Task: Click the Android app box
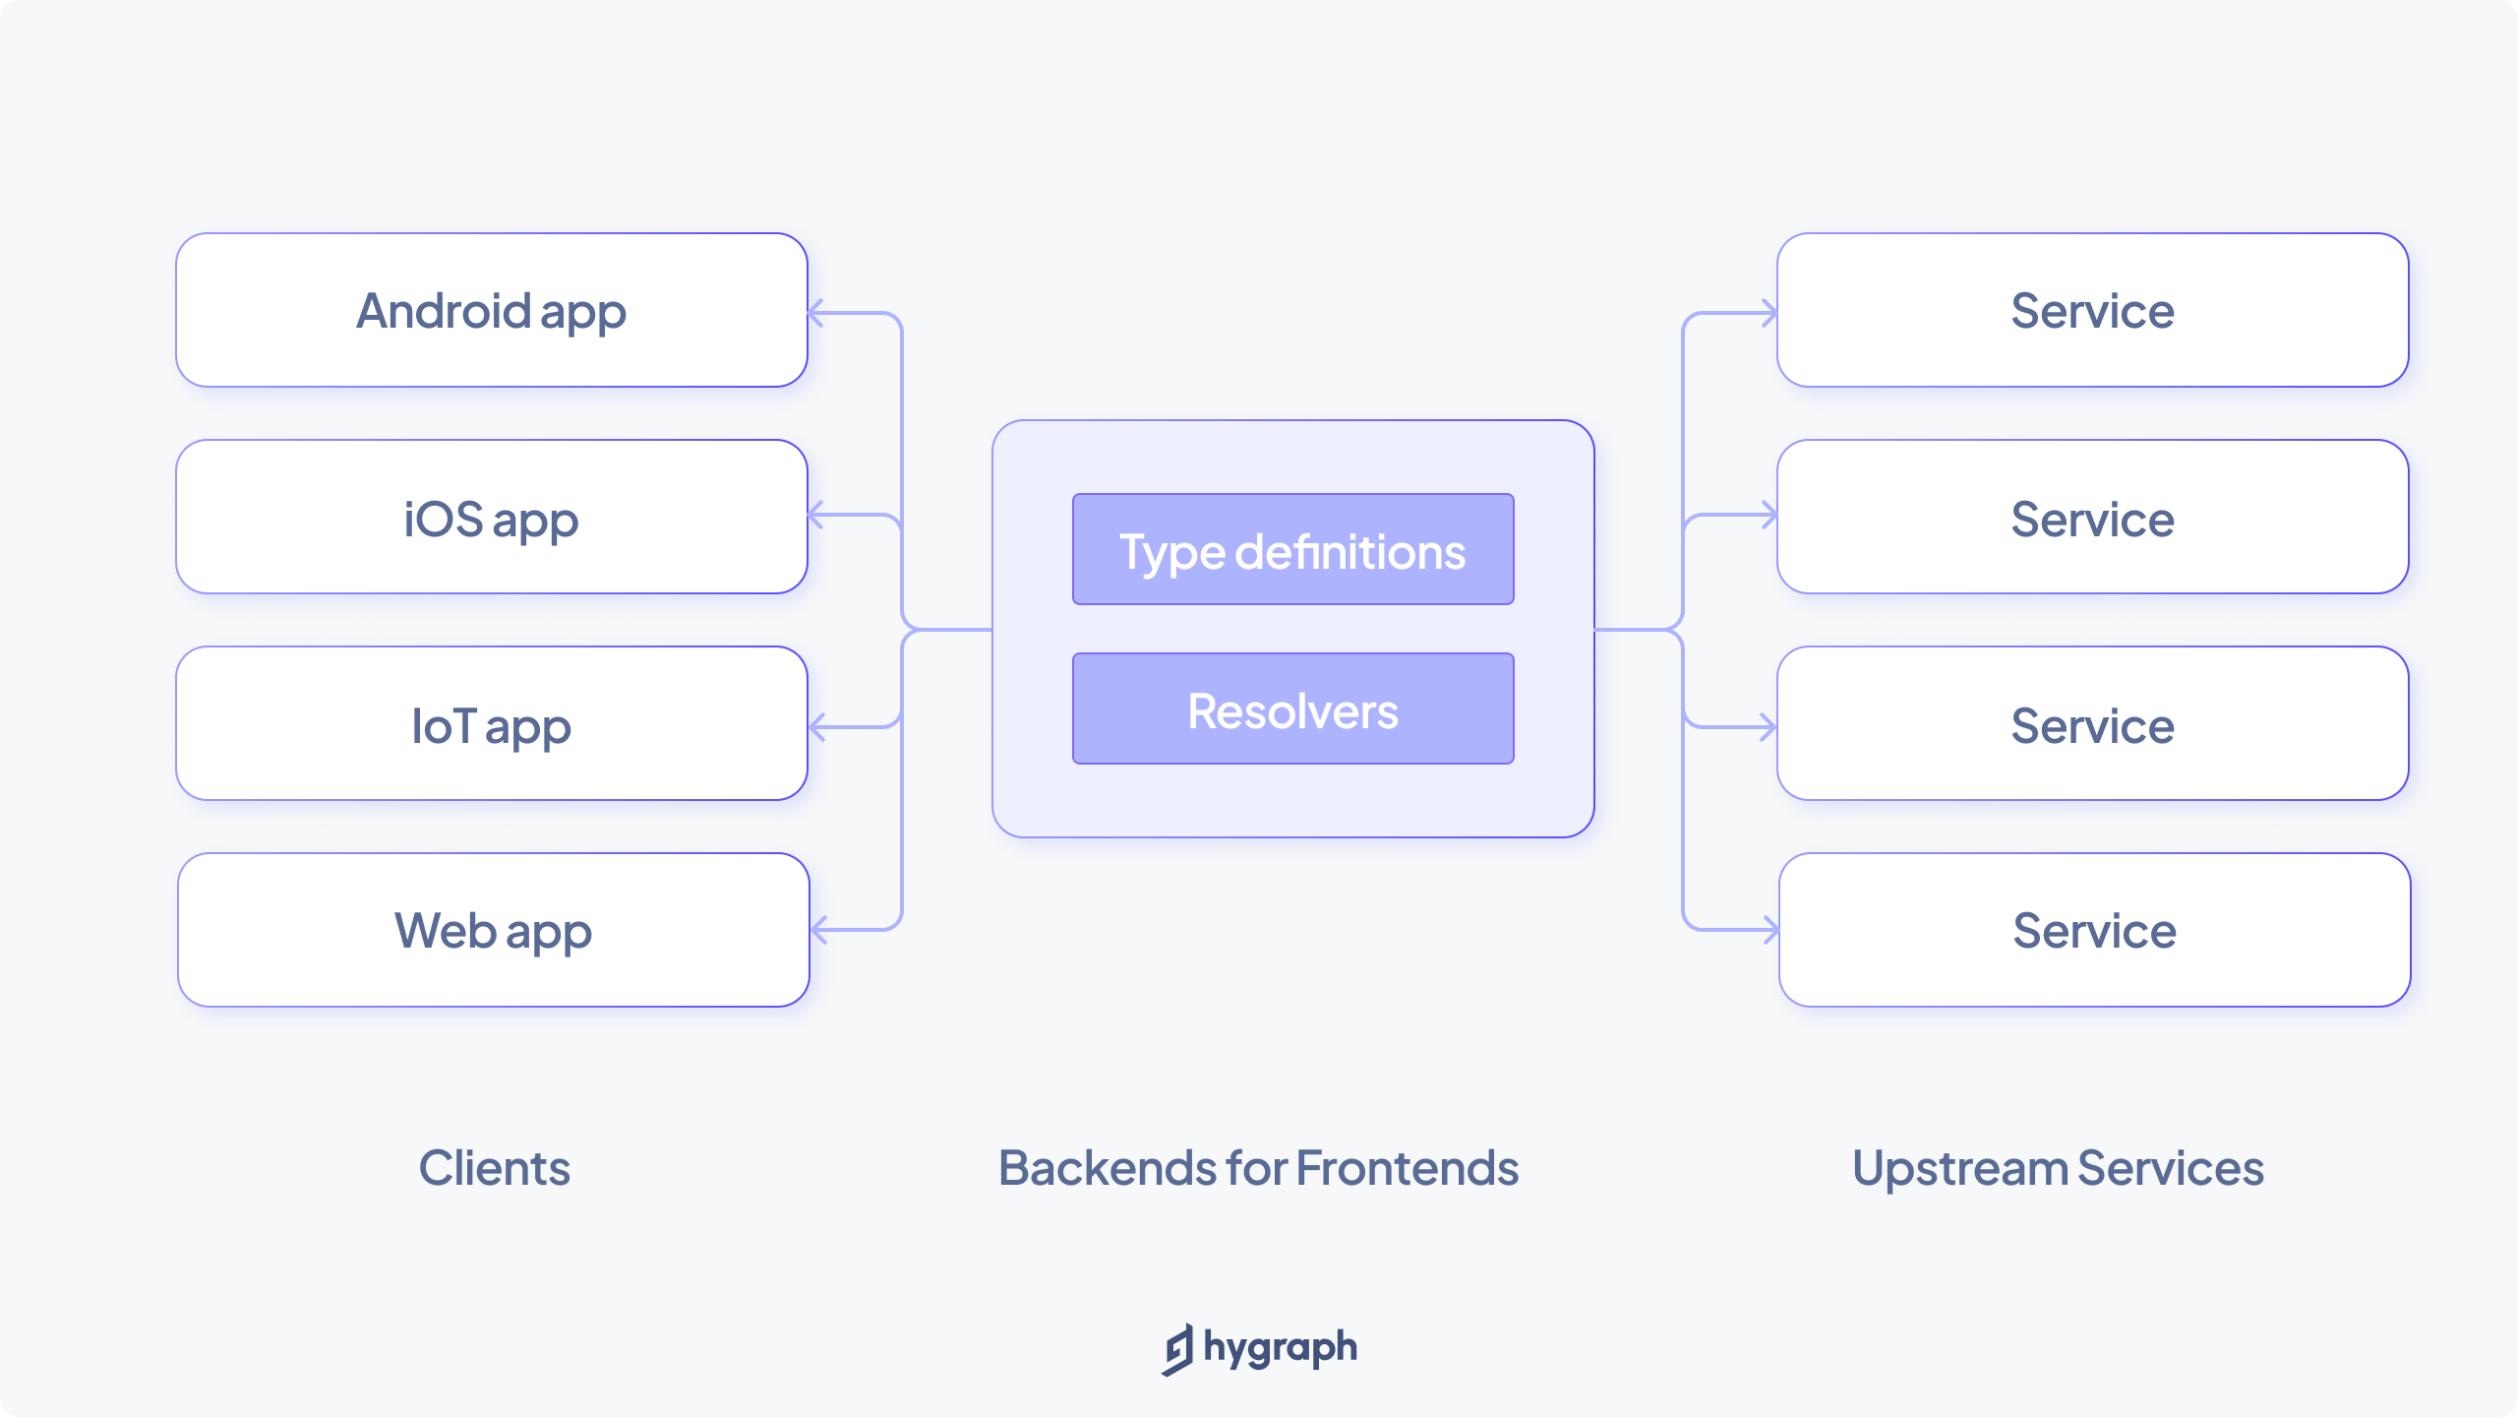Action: [x=492, y=310]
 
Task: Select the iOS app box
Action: [x=492, y=517]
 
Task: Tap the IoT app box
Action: [x=492, y=723]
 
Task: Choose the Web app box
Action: [x=494, y=930]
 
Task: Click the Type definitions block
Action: [x=1292, y=549]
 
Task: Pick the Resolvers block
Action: [x=1292, y=708]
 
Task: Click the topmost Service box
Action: [x=2092, y=310]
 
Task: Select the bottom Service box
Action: [x=2094, y=930]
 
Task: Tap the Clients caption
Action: [x=494, y=1168]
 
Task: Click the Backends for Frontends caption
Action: [x=1258, y=1168]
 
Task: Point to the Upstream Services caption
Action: [x=2058, y=1168]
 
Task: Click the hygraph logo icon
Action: [x=1177, y=1349]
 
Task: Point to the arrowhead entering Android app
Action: [x=815, y=314]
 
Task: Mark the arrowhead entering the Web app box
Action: [x=818, y=929]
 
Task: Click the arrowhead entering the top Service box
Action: [x=1769, y=314]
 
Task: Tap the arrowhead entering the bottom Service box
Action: [x=1771, y=929]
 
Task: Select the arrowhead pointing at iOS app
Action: [x=815, y=515]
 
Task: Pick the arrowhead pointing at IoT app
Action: [x=816, y=727]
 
